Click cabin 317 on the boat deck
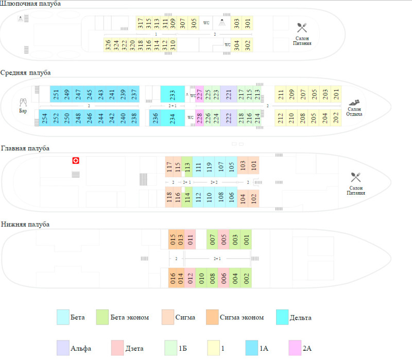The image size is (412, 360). coord(140,23)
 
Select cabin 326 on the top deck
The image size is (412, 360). coord(108,45)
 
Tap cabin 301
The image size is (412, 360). coord(248,23)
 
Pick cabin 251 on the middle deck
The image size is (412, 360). coord(56,94)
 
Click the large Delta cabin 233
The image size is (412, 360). coord(173,94)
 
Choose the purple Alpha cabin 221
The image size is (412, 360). coord(229,94)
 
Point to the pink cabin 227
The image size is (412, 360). coord(200,94)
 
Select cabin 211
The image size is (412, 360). coord(280,94)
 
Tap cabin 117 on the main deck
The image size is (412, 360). coord(169,166)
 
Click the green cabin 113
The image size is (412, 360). coord(187,166)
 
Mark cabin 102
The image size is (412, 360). coord(253,198)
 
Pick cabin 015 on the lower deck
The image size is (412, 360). coord(173,239)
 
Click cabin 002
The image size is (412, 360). coord(246,278)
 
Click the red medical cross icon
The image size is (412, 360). coord(76,161)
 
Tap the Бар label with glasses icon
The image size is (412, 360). coord(23,106)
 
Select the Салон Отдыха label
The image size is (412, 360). coord(354,111)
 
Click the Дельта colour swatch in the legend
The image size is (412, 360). coord(282,317)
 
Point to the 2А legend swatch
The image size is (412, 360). coord(295,348)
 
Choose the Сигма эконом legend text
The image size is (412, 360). coord(242,317)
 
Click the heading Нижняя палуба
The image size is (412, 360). coord(25,225)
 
